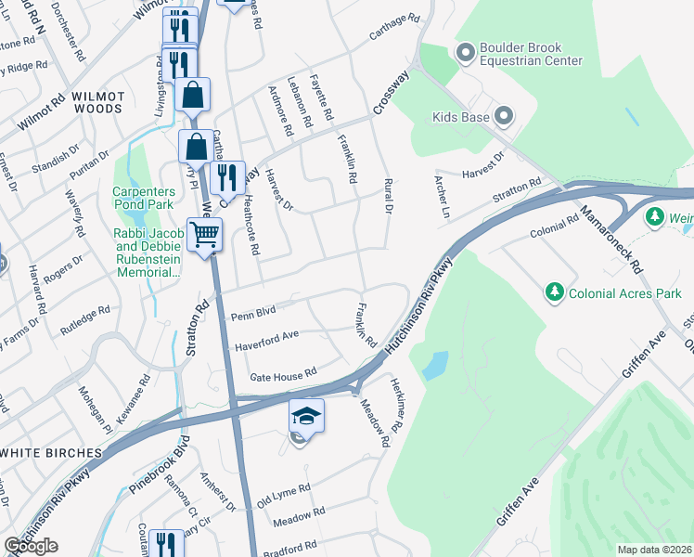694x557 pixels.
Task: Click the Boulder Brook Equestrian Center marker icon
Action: (465, 51)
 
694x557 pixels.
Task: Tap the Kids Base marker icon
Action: (504, 117)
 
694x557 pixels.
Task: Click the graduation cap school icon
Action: (307, 418)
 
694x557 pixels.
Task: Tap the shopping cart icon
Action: (204, 234)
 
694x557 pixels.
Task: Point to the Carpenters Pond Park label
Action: (143, 198)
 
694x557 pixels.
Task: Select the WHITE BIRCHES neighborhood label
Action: (50, 452)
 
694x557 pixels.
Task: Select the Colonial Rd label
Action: (554, 227)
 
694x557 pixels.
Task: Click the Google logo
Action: (31, 546)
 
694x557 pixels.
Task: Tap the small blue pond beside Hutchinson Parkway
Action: (434, 366)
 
